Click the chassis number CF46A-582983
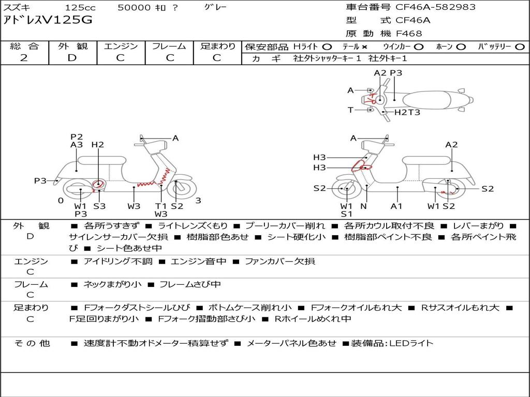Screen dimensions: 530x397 pyautogui.click(x=435, y=7)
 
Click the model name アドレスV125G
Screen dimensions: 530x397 pyautogui.click(x=48, y=20)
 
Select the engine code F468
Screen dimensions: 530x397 pyautogui.click(x=409, y=34)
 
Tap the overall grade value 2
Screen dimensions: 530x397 pyautogui.click(x=24, y=58)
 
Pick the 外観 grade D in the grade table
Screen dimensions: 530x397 pyautogui.click(x=72, y=58)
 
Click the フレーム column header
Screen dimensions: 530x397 pyautogui.click(x=169, y=46)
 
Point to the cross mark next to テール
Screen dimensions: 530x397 pyautogui.click(x=364, y=47)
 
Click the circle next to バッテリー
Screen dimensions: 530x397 pyautogui.click(x=520, y=47)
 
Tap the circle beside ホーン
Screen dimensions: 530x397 pyautogui.click(x=461, y=47)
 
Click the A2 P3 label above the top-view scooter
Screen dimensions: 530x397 pyautogui.click(x=388, y=73)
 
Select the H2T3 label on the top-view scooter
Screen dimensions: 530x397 pyautogui.click(x=407, y=112)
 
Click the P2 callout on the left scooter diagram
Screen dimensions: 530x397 pyautogui.click(x=77, y=136)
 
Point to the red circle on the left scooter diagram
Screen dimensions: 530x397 pyautogui.click(x=98, y=185)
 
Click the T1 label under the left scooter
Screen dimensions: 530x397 pyautogui.click(x=161, y=206)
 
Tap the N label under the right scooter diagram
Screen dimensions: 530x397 pyautogui.click(x=364, y=206)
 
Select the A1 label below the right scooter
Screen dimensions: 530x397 pyautogui.click(x=396, y=206)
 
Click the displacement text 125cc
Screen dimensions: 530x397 pyautogui.click(x=80, y=8)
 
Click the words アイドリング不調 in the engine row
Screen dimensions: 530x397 pyautogui.click(x=118, y=261)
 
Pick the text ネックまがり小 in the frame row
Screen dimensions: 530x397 pyautogui.click(x=112, y=285)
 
